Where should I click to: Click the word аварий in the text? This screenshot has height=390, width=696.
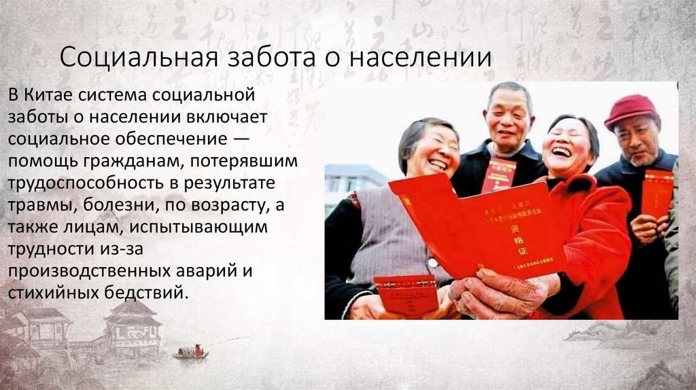tap(216, 272)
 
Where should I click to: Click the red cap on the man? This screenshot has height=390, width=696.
tap(631, 110)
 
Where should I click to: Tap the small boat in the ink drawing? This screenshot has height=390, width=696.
tap(190, 353)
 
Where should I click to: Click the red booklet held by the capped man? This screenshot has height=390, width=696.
tap(657, 193)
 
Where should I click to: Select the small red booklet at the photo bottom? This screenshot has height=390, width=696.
tap(406, 294)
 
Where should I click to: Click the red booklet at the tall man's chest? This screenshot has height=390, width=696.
tap(498, 175)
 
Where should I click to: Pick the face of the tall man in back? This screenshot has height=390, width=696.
tap(508, 120)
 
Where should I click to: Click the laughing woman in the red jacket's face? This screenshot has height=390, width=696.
tap(568, 147)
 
